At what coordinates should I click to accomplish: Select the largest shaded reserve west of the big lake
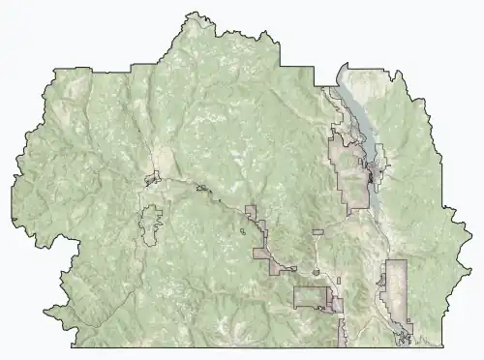(x=348, y=165)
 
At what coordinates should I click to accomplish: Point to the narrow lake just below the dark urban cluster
(x=378, y=194)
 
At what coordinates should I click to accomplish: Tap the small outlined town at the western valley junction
(x=153, y=178)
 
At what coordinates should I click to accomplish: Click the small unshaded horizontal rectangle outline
(x=318, y=232)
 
